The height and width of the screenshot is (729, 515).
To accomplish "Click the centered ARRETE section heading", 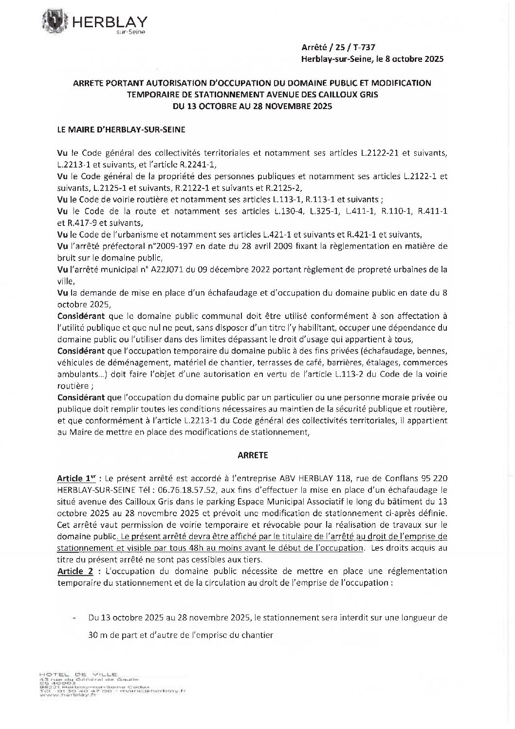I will (253, 455).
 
